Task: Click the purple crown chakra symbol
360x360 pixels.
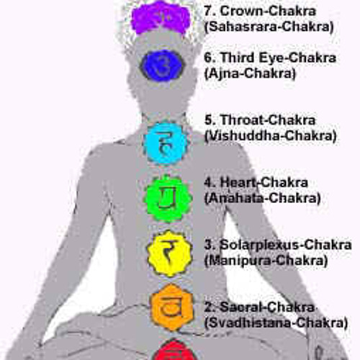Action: pyautogui.click(x=161, y=18)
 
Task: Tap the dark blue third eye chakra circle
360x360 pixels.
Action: pyautogui.click(x=162, y=66)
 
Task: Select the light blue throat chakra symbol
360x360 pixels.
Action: pyautogui.click(x=166, y=143)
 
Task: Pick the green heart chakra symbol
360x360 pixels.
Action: pyautogui.click(x=168, y=199)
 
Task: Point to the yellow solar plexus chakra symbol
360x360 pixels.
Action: pyautogui.click(x=169, y=253)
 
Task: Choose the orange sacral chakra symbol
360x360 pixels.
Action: pyautogui.click(x=171, y=307)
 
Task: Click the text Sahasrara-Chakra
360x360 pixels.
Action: pyautogui.click(x=269, y=27)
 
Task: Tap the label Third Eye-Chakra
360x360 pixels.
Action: pyautogui.click(x=279, y=58)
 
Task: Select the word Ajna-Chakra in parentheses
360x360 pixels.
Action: pyautogui.click(x=250, y=73)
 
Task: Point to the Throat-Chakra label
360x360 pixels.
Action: pyautogui.click(x=268, y=120)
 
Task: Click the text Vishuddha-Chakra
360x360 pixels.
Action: pyautogui.click(x=271, y=136)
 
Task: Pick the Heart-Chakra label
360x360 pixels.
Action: pyautogui.click(x=264, y=182)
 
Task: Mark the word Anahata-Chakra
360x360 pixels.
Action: pyautogui.click(x=263, y=198)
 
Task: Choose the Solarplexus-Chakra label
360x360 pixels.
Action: pyautogui.click(x=286, y=245)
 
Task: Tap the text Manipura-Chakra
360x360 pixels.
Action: pyautogui.click(x=266, y=261)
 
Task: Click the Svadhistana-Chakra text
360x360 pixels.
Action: pyautogui.click(x=276, y=323)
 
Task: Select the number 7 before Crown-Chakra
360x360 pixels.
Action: pyautogui.click(x=208, y=11)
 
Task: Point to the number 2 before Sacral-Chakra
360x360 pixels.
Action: pyautogui.click(x=208, y=307)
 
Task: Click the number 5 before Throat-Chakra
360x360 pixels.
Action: pyautogui.click(x=208, y=120)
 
